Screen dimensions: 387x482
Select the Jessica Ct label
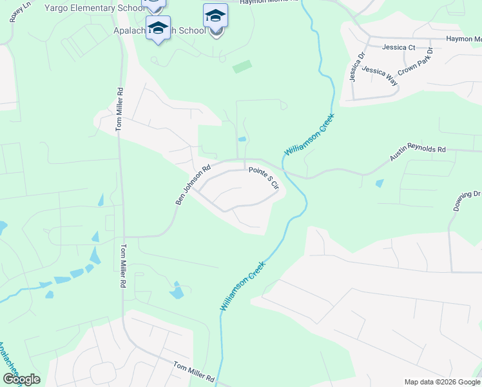pyautogui.click(x=398, y=47)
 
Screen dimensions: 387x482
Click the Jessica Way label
pyautogui.click(x=379, y=75)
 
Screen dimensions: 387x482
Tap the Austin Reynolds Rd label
pyautogui.click(x=418, y=153)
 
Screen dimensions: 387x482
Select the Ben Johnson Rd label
pyautogui.click(x=193, y=186)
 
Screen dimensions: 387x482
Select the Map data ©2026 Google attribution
pyautogui.click(x=442, y=382)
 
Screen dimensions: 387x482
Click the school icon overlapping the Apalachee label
pyautogui.click(x=158, y=29)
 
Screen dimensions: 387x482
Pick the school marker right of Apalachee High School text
pyautogui.click(x=215, y=17)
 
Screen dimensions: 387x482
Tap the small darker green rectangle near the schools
pyautogui.click(x=242, y=66)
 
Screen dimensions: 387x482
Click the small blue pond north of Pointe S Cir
pyautogui.click(x=242, y=139)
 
